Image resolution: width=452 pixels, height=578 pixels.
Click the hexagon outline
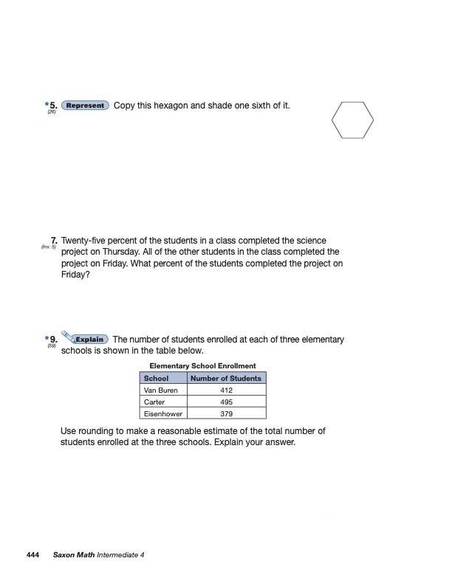(x=352, y=121)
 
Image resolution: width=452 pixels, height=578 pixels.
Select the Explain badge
(x=90, y=340)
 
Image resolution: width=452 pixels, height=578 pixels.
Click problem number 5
(x=53, y=106)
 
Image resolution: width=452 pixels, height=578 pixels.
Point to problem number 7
(x=54, y=241)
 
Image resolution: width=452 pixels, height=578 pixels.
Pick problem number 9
(x=53, y=340)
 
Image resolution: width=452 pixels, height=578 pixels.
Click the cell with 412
(x=226, y=390)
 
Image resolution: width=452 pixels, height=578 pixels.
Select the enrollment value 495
(x=226, y=402)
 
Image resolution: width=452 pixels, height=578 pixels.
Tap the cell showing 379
(x=226, y=413)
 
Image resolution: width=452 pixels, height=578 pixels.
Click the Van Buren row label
(x=160, y=390)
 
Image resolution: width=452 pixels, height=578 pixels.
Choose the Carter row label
(x=154, y=402)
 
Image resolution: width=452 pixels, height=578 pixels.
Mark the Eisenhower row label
(x=163, y=413)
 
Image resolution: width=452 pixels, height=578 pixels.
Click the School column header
(x=156, y=378)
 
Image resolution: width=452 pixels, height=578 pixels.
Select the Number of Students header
(x=226, y=378)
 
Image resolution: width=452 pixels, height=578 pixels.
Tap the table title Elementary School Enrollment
(x=202, y=365)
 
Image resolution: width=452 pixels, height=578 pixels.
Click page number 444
(x=32, y=554)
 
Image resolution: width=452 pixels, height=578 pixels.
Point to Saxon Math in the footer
(x=74, y=554)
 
